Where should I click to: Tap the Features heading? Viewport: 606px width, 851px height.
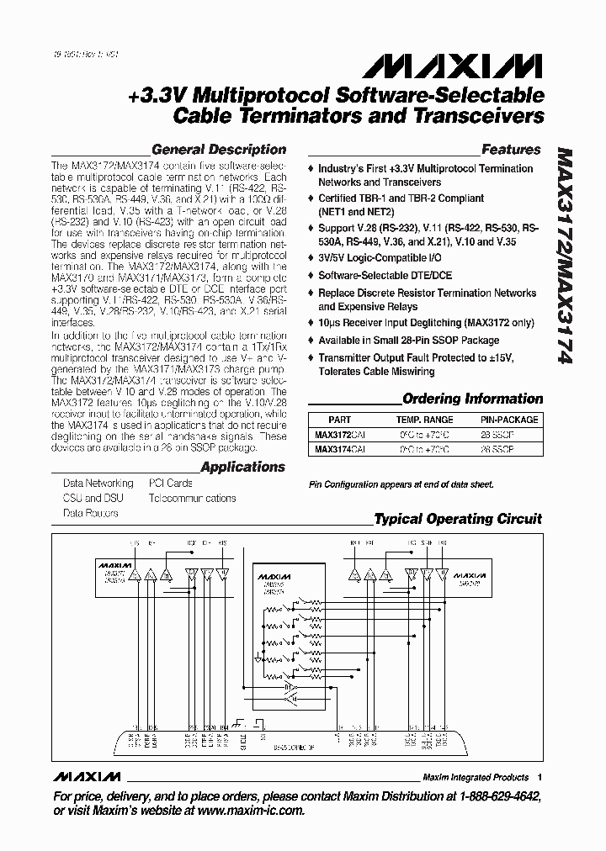tap(510, 150)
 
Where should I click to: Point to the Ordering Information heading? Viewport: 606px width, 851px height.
tap(472, 399)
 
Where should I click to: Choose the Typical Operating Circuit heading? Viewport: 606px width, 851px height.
tap(458, 519)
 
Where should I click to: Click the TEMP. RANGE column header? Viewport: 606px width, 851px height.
tap(424, 420)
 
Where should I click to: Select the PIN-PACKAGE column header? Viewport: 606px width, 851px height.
tap(503, 420)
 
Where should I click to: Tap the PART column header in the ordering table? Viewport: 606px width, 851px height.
tap(339, 420)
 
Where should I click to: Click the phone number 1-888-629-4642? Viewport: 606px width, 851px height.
tap(497, 795)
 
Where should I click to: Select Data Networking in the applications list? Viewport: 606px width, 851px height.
tap(98, 484)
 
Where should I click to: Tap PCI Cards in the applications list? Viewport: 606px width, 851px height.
tap(170, 484)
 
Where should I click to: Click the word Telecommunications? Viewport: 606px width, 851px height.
tap(192, 498)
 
